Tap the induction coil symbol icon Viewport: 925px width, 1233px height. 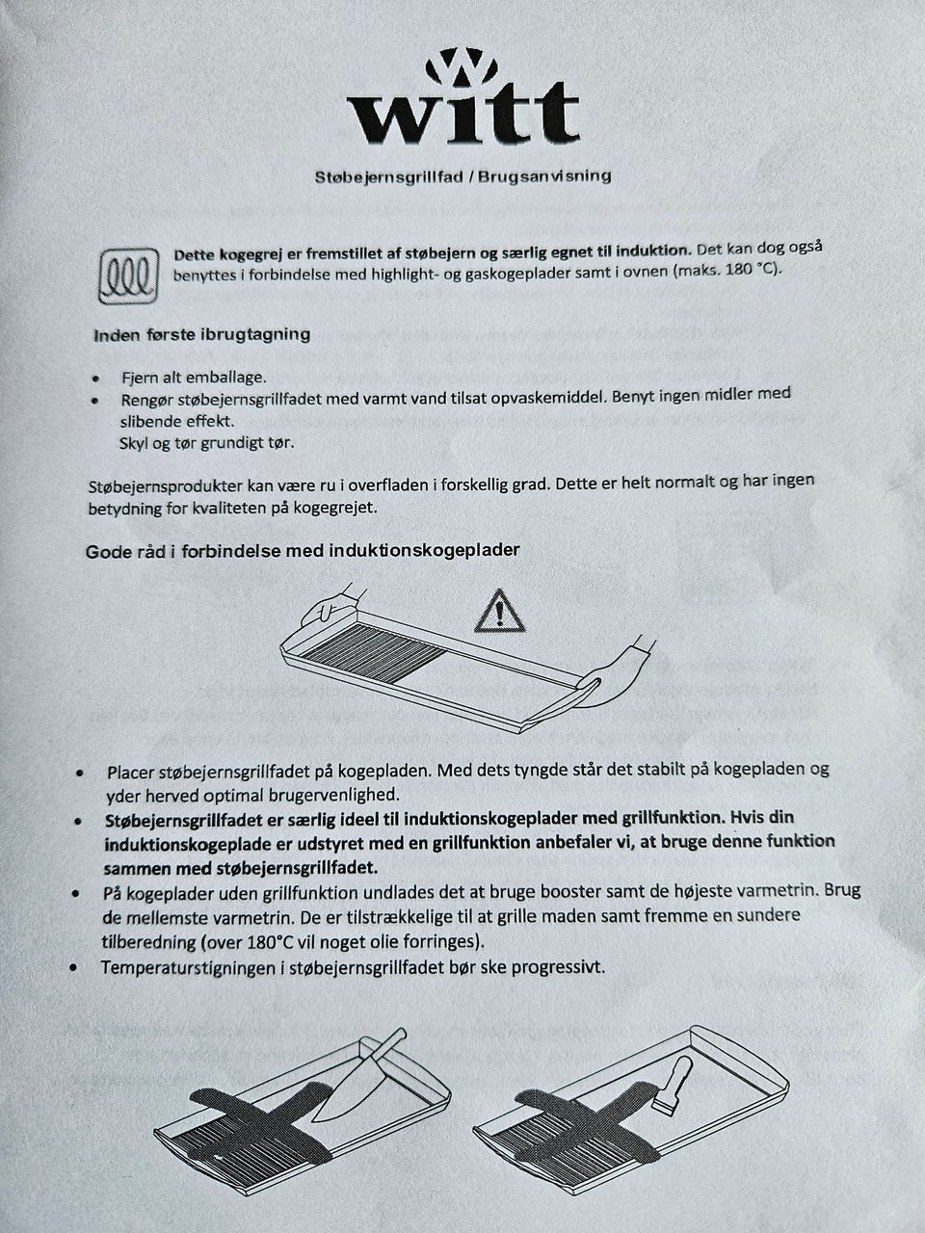click(127, 275)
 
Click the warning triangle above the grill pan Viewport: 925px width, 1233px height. click(499, 612)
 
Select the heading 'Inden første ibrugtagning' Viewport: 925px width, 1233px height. click(201, 334)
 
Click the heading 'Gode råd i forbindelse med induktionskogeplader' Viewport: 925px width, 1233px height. click(303, 550)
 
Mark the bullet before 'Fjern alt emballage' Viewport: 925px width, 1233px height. click(94, 379)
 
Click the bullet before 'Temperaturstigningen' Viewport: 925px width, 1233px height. click(76, 966)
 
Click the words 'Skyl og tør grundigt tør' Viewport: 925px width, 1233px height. click(206, 443)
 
